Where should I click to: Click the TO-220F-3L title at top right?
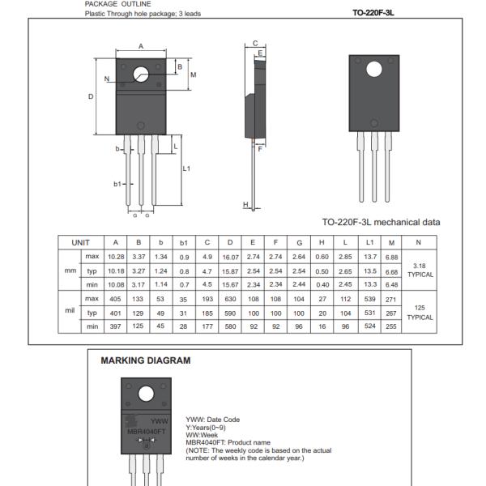[379, 12]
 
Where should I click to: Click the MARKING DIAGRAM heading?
[146, 360]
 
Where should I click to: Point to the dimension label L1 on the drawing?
[186, 168]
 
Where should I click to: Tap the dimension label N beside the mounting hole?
[107, 79]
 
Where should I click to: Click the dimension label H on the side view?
[245, 205]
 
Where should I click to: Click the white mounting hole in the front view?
[141, 72]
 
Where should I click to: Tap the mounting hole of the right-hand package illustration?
[374, 70]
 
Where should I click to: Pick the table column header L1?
[370, 242]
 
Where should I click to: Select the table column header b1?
[184, 242]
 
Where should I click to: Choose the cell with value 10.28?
[116, 257]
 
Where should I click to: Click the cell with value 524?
[370, 326]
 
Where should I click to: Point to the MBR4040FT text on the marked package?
[147, 431]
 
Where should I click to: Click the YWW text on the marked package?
[159, 420]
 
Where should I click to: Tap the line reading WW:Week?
[201, 435]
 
